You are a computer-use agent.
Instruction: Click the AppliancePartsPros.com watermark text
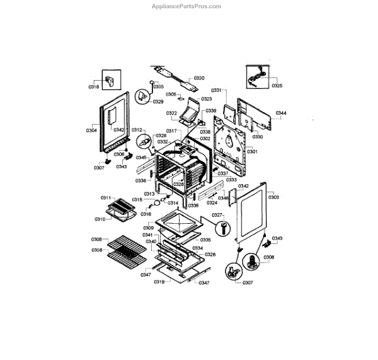point(187,6)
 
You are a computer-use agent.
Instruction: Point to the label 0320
point(199,78)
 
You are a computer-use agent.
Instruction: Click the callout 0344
point(281,113)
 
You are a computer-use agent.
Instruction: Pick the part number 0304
point(91,131)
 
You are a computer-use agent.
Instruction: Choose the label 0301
point(253,151)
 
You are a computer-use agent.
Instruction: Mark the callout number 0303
point(273,197)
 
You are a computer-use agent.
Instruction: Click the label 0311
point(106,198)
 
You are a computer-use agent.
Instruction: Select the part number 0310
point(100,219)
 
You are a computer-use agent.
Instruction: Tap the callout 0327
point(218,215)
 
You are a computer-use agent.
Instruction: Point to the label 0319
point(159,281)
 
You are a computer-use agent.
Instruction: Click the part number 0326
point(210,254)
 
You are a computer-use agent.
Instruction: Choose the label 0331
point(217,90)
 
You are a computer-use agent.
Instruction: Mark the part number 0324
point(212,203)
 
